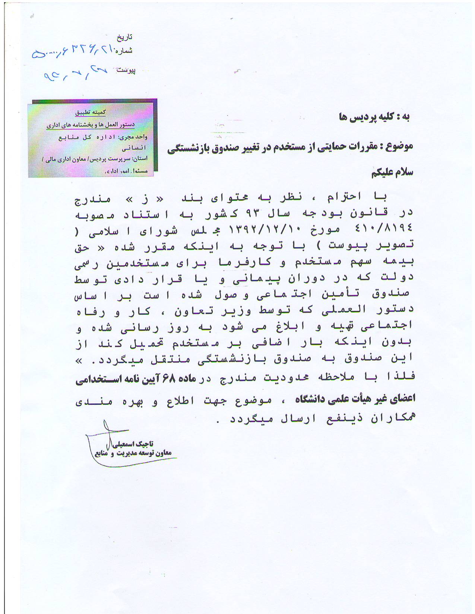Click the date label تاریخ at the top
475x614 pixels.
click(x=125, y=37)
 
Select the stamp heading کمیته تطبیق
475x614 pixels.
click(x=91, y=112)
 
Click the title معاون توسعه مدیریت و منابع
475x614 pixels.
click(x=133, y=453)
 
